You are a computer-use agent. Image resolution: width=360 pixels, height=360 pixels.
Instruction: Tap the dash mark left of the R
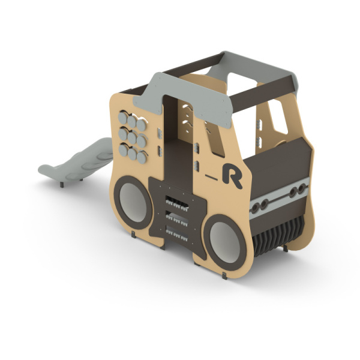211,177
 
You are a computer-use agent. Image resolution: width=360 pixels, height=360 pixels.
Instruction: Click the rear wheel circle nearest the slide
133,203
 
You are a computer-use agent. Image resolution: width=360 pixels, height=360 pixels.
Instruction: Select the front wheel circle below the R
225,242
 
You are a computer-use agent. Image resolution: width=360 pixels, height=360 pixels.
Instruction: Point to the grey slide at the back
76,160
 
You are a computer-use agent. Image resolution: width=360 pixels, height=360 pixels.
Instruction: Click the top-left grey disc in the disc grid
122,118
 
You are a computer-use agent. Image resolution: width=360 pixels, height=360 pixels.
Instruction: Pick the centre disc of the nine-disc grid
132,138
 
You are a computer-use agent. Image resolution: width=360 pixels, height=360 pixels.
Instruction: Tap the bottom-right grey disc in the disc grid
142,158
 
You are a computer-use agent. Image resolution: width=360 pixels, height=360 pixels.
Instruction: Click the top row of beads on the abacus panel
177,204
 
